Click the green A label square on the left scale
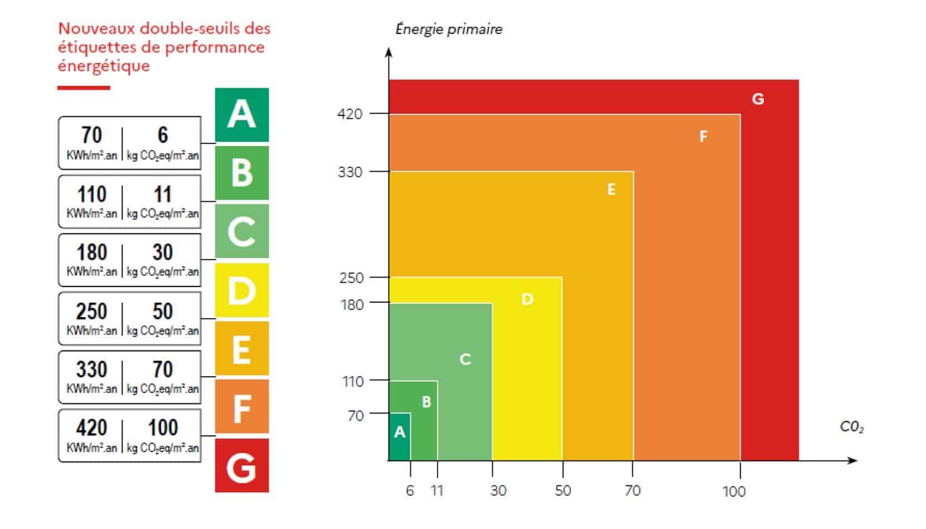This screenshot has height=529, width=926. (x=241, y=115)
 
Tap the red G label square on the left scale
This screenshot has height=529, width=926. (x=241, y=465)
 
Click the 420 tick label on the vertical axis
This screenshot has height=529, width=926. (x=350, y=114)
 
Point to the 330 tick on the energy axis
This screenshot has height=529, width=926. (x=350, y=172)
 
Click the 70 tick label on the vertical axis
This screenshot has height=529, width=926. (x=355, y=415)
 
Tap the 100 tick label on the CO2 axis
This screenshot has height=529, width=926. (x=734, y=491)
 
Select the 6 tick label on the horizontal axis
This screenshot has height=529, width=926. (x=410, y=491)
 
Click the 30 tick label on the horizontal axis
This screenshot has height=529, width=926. (x=498, y=491)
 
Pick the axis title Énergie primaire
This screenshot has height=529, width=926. (x=449, y=29)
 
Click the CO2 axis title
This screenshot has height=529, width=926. (x=851, y=428)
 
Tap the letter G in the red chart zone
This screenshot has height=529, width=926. (x=758, y=99)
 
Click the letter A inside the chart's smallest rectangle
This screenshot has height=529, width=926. (x=399, y=432)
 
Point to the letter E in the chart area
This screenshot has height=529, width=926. (x=611, y=190)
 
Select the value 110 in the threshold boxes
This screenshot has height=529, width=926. (x=91, y=195)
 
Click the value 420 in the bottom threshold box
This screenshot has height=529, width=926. (x=91, y=428)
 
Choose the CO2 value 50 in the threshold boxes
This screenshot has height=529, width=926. (x=162, y=311)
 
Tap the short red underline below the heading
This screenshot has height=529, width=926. (x=84, y=88)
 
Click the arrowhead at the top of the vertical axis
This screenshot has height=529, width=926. (x=389, y=52)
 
